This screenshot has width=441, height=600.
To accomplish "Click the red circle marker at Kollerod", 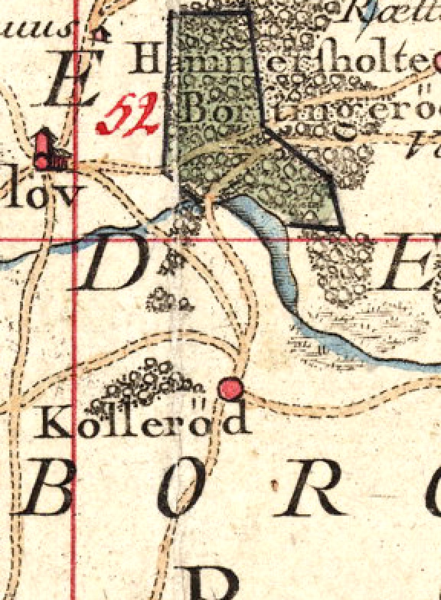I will (x=230, y=389).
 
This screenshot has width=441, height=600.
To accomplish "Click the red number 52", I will (x=128, y=115).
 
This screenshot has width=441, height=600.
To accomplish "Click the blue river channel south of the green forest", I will (x=271, y=245).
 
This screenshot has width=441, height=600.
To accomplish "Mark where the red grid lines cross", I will (x=74, y=239).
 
